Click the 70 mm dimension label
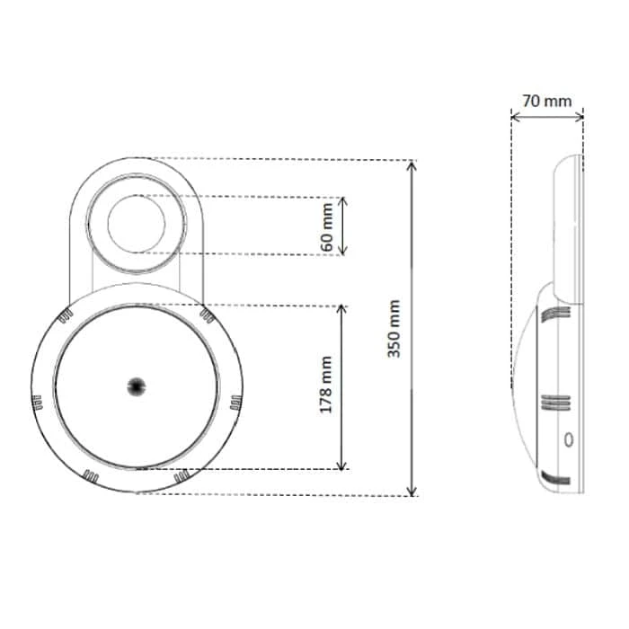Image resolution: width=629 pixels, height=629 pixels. coord(546,101)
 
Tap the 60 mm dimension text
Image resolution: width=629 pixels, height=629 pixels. coord(327,227)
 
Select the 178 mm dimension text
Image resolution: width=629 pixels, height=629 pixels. coord(325,385)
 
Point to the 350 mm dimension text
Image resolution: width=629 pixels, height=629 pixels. coord(394,329)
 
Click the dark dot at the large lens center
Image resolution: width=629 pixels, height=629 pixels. coord(137,386)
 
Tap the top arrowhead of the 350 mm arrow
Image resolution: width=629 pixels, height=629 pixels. coord(412,164)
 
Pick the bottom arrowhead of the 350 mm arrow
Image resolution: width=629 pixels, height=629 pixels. coord(412,492)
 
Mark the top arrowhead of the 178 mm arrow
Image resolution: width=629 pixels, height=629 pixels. coord(341,309)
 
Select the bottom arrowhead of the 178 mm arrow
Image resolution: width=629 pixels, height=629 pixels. coord(341,465)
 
